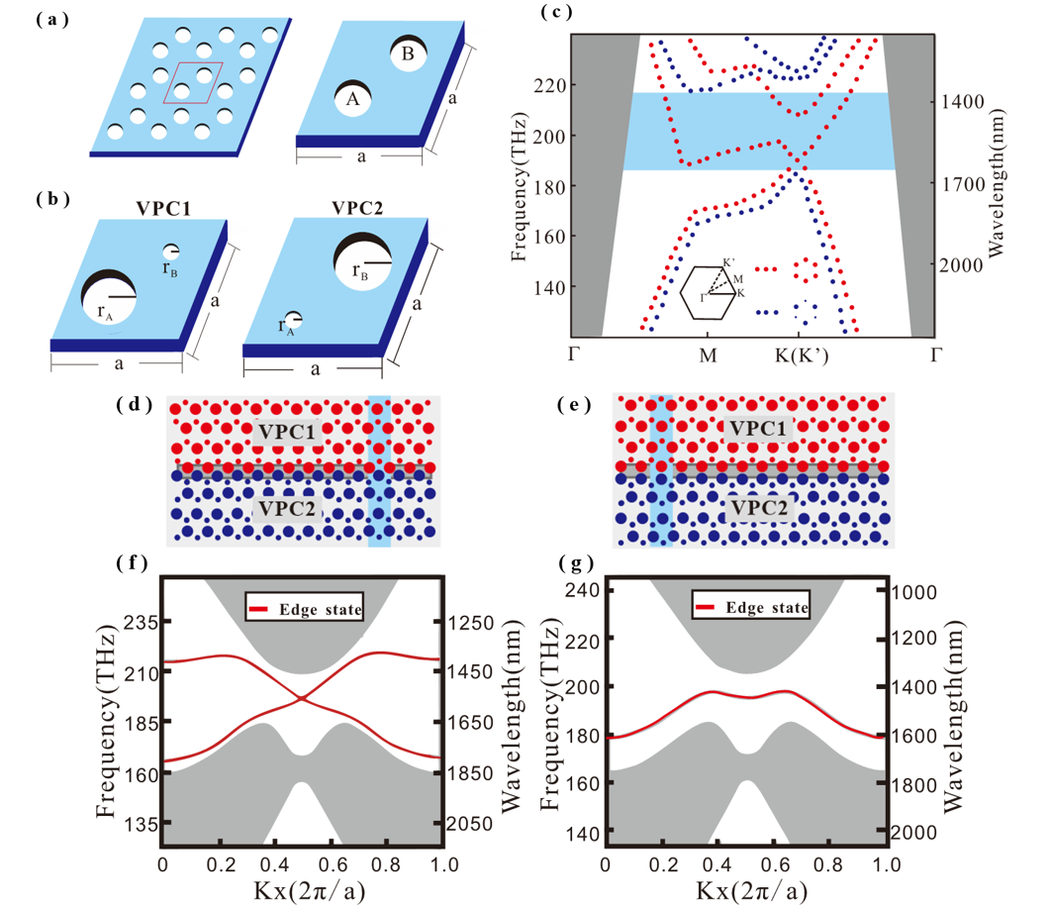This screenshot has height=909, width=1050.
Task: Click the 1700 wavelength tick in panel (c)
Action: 963,183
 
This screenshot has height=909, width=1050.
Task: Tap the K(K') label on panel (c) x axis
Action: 799,353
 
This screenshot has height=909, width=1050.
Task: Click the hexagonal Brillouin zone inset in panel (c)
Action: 708,293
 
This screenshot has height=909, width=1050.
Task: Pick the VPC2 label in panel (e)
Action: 760,509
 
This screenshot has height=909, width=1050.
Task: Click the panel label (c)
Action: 555,14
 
